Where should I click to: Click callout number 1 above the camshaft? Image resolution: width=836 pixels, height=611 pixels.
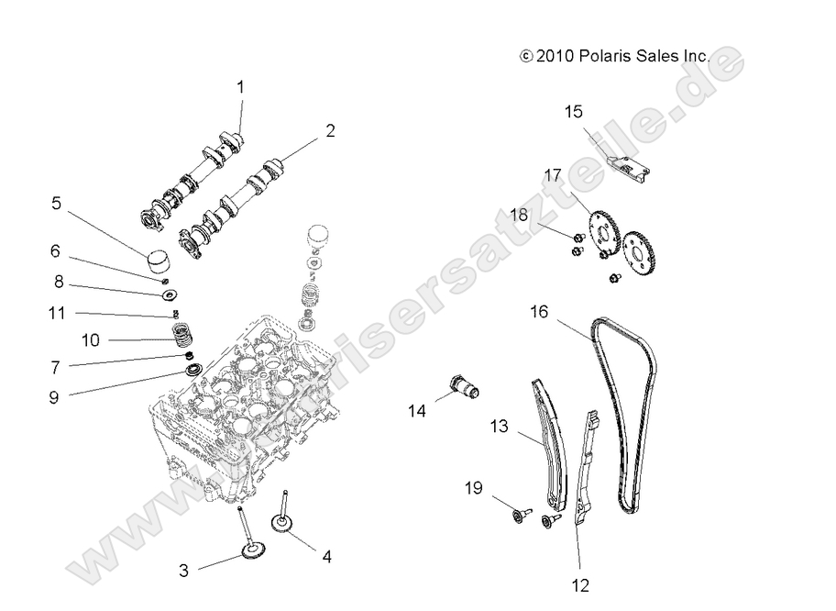point(241,88)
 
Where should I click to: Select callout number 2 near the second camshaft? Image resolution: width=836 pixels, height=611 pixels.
point(329,131)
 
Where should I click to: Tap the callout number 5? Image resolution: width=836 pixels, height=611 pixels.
point(56,203)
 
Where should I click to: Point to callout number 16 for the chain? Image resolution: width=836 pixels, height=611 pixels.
point(539,312)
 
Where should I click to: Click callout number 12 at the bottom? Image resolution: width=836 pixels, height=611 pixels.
point(580,584)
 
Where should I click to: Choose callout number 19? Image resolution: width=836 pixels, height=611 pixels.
point(472,488)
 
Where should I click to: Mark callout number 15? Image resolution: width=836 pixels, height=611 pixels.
point(573,113)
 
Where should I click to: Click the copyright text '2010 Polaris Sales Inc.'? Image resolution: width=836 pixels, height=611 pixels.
point(614,56)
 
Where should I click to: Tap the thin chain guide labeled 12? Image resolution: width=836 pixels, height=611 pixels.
point(587,468)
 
